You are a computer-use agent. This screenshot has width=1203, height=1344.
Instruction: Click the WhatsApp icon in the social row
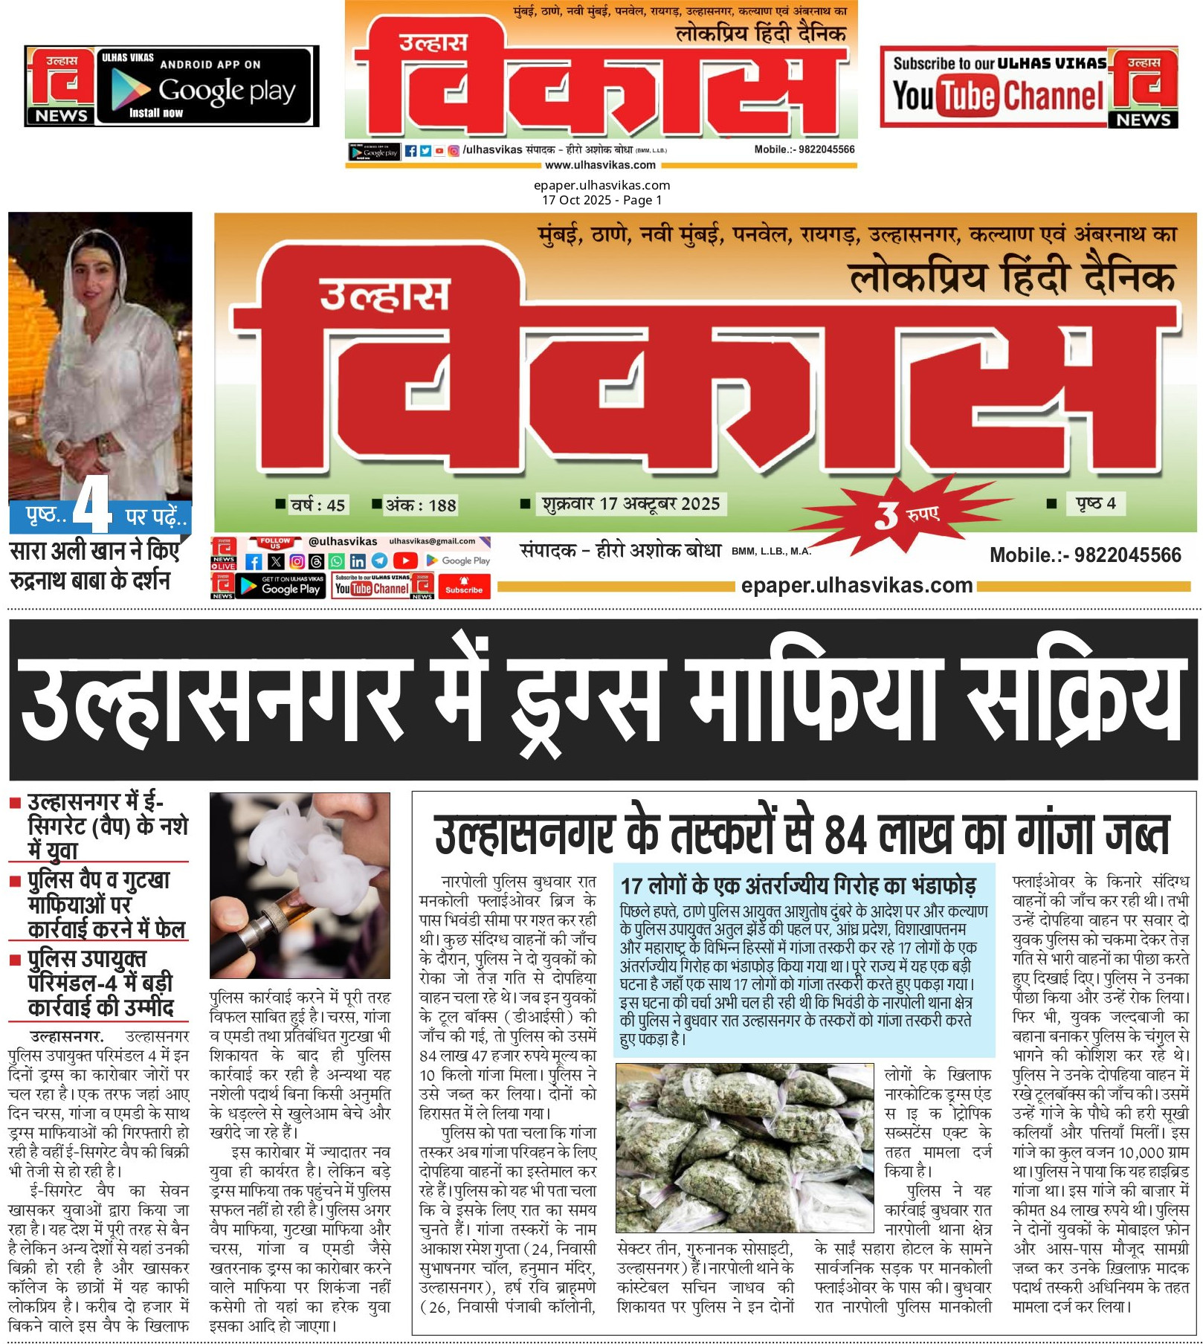tap(337, 561)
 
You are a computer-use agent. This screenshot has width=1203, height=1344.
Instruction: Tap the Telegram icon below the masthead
tap(379, 561)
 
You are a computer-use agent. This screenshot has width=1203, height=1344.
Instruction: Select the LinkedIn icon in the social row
tap(358, 561)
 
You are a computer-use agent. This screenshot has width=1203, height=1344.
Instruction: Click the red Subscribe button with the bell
tap(464, 586)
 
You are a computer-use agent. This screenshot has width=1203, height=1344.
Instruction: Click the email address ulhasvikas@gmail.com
tap(432, 541)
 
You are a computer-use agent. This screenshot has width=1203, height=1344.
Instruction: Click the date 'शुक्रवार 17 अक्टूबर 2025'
tap(630, 504)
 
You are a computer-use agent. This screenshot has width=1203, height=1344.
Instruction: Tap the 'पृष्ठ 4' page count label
tap(1096, 503)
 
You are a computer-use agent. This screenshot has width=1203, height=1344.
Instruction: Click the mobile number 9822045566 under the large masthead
tap(1085, 555)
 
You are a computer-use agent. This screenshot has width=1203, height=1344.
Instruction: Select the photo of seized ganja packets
tap(744, 1148)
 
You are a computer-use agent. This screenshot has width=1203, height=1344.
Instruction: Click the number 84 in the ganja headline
tap(845, 835)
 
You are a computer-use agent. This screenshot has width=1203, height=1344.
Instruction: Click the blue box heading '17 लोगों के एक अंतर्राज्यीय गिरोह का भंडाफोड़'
tap(798, 885)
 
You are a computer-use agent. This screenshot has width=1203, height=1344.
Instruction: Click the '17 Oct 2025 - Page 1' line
tap(601, 200)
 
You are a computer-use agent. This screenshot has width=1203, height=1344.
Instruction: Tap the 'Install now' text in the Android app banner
tap(156, 113)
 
